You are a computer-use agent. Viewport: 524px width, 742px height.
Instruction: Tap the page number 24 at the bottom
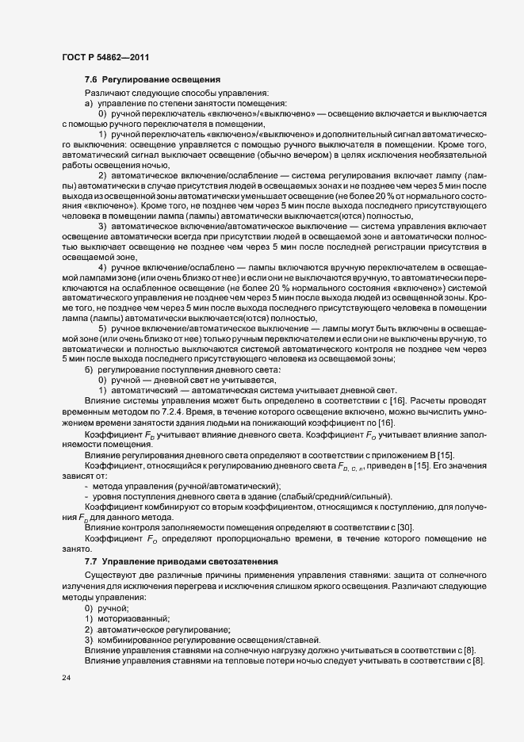click(67, 679)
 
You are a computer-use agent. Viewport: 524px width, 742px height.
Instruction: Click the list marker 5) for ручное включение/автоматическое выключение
click(103, 327)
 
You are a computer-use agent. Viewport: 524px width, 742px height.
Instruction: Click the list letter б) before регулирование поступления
click(89, 369)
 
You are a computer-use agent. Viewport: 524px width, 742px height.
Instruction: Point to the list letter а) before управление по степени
click(89, 104)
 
